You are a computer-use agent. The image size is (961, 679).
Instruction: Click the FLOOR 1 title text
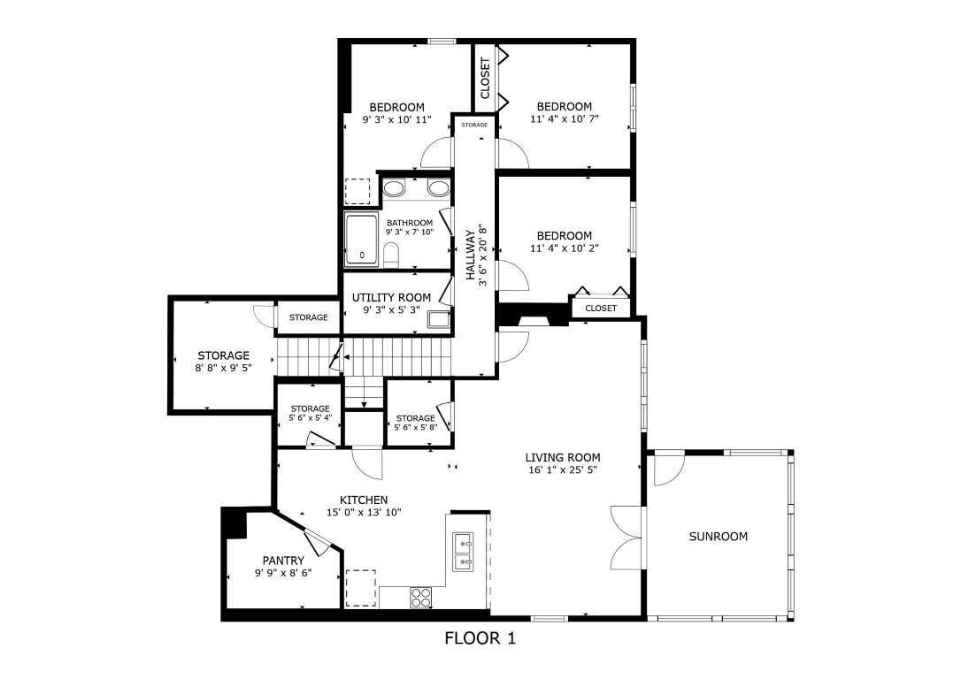480,638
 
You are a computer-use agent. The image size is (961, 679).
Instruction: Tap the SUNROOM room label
718,536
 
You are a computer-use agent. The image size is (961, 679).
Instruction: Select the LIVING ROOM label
562,457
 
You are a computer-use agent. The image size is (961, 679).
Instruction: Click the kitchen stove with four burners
420,597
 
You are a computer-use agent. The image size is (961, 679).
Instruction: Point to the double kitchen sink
463,552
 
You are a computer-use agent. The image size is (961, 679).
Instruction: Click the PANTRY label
283,561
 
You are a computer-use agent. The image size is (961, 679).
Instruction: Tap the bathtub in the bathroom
361,239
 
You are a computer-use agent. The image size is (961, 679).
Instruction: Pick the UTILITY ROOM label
391,298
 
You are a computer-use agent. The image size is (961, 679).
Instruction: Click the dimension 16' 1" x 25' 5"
562,469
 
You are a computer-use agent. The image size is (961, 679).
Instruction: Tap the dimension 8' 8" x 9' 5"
223,368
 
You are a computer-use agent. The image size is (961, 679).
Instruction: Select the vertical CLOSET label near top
485,78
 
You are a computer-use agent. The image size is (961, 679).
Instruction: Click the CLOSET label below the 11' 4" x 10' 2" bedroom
601,309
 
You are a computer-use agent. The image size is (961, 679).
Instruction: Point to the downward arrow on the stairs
364,403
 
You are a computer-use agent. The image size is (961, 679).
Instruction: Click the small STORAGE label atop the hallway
473,126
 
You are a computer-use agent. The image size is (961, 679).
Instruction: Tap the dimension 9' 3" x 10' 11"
396,119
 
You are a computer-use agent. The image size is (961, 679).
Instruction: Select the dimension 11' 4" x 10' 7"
564,118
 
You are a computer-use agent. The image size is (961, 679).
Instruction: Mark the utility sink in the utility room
438,320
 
